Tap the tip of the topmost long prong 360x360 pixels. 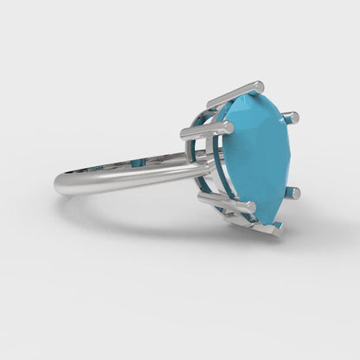pos(259,85)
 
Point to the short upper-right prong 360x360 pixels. pos(292,115)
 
